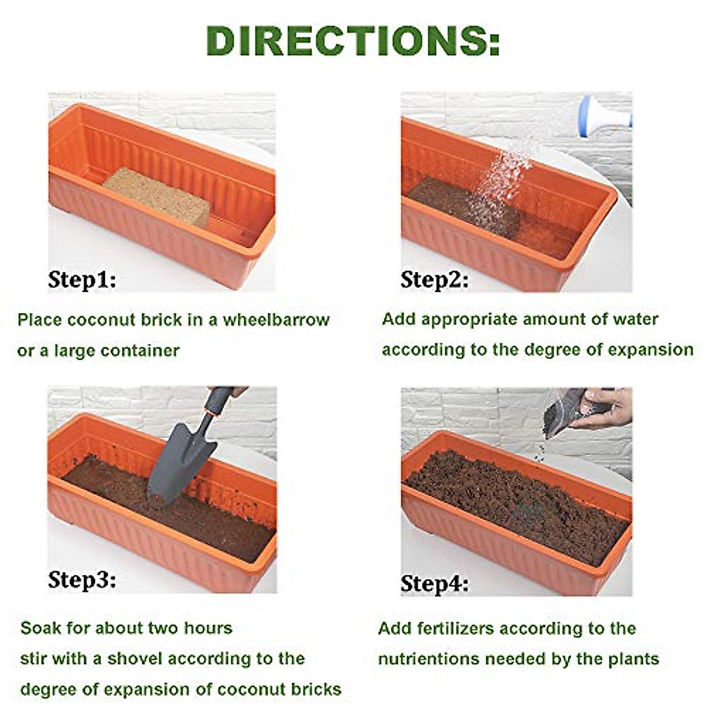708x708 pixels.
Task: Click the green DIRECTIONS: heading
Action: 353,40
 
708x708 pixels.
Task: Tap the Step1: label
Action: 82,279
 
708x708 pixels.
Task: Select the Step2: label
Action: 435,279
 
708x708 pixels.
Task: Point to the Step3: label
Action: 82,579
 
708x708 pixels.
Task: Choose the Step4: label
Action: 435,584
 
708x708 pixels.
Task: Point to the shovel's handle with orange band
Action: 215,401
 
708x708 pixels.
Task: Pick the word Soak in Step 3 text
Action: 41,628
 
